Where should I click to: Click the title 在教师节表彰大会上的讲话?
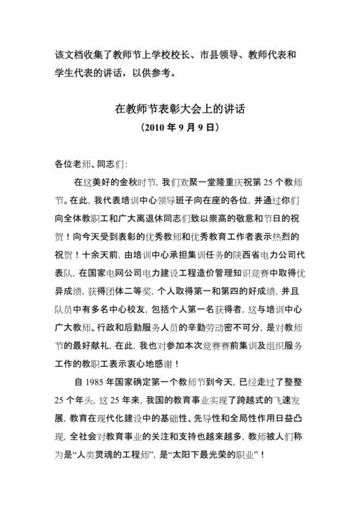(x=179, y=111)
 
